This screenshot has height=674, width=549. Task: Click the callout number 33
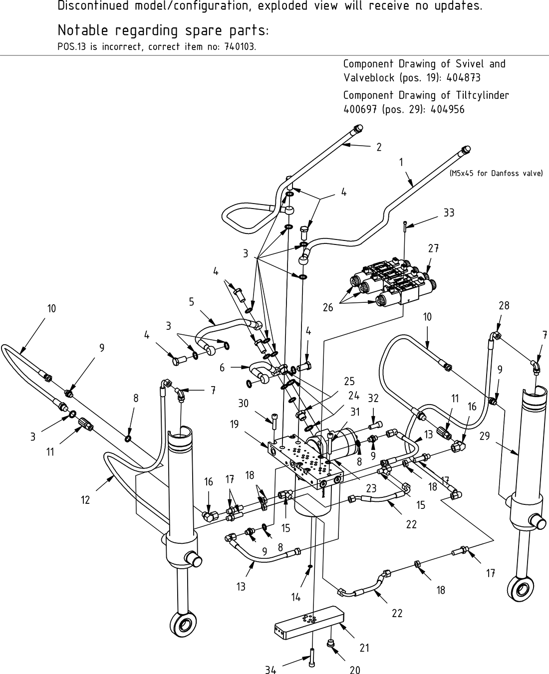(449, 213)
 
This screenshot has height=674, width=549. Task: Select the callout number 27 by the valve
(433, 248)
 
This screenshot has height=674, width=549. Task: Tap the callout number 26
(327, 307)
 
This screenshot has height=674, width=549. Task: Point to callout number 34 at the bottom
(271, 670)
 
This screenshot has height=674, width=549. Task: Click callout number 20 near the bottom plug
(355, 670)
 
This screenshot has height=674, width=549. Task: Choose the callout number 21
(365, 648)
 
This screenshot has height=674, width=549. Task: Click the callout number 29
(485, 436)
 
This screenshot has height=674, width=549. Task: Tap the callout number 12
(85, 499)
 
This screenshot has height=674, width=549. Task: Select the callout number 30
(243, 403)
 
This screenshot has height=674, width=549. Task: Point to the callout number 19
(234, 424)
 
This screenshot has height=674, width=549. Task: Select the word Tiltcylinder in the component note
(482, 95)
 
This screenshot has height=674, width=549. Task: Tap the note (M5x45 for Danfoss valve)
(496, 174)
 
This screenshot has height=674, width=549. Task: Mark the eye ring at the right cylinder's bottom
(520, 588)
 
